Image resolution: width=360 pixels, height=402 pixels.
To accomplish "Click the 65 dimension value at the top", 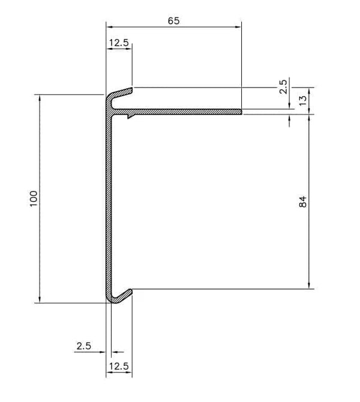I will [173, 21].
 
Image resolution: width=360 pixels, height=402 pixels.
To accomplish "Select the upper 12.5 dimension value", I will [119, 43].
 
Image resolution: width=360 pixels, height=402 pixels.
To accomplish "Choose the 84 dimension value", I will [303, 202].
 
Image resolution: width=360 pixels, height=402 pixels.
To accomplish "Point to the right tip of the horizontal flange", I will [240, 112].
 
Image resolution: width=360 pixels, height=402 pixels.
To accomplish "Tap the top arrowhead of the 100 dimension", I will [40, 97].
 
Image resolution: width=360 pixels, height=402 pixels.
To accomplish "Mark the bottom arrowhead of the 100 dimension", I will [40, 301].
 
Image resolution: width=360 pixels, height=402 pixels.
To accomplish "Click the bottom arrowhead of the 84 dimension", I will [308, 287].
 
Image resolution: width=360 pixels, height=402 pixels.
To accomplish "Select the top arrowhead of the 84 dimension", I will [308, 115].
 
